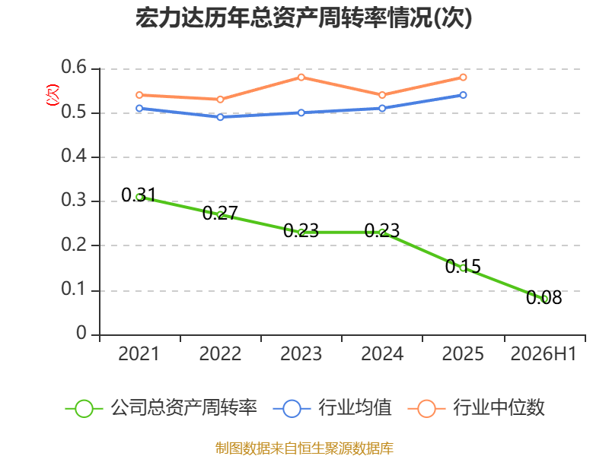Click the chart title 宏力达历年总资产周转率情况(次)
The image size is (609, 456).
pyautogui.click(x=304, y=17)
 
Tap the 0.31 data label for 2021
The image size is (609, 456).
pyautogui.click(x=139, y=195)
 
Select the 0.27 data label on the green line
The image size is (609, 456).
pyautogui.click(x=220, y=213)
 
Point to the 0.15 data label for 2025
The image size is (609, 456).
pyautogui.click(x=463, y=267)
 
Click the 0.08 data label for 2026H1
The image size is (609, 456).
pyautogui.click(x=544, y=297)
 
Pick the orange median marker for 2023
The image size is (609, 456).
pyautogui.click(x=301, y=78)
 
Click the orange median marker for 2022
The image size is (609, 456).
pyautogui.click(x=220, y=100)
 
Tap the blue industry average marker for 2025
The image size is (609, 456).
pyautogui.click(x=463, y=95)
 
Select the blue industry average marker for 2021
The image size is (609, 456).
pyautogui.click(x=139, y=108)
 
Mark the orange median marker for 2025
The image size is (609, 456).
pyautogui.click(x=463, y=78)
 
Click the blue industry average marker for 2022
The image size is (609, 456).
pyautogui.click(x=220, y=117)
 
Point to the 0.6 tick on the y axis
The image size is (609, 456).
pyautogui.click(x=74, y=68)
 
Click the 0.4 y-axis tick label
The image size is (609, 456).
pyautogui.click(x=74, y=156)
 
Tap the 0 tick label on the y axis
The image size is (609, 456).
pyautogui.click(x=81, y=333)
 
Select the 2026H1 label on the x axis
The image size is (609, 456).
pyautogui.click(x=544, y=354)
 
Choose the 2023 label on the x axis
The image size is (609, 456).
pyautogui.click(x=301, y=354)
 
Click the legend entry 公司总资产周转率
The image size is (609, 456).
pyautogui.click(x=161, y=408)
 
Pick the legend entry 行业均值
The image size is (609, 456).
pyautogui.click(x=333, y=408)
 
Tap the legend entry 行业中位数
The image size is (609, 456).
pyautogui.click(x=477, y=408)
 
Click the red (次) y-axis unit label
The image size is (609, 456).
pyautogui.click(x=53, y=94)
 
